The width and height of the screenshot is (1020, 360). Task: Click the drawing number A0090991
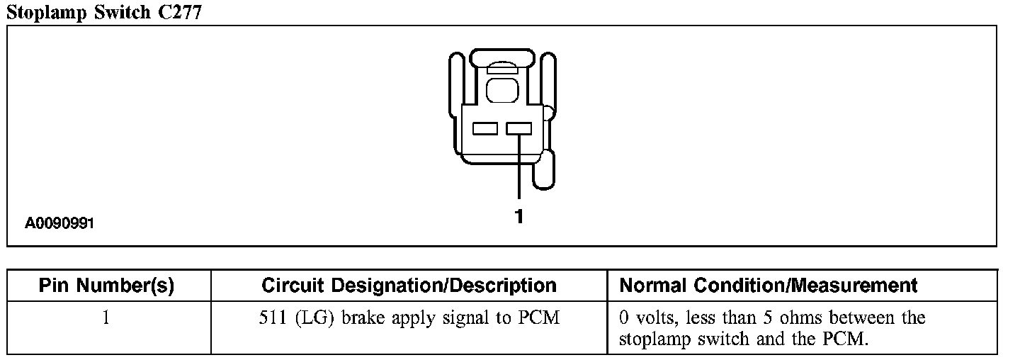click(x=60, y=224)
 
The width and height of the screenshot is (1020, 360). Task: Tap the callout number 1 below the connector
click(x=518, y=217)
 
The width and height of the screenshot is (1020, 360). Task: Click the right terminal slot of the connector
click(x=519, y=129)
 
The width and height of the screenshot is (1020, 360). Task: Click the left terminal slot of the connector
click(x=485, y=129)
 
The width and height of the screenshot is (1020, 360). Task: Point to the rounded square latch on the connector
click(x=502, y=90)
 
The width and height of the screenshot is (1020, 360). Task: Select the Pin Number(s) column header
click(x=106, y=286)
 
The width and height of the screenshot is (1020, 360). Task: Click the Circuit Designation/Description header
click(x=409, y=286)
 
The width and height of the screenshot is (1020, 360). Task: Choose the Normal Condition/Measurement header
click(x=769, y=286)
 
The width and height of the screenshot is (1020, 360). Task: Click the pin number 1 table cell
click(x=106, y=318)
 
